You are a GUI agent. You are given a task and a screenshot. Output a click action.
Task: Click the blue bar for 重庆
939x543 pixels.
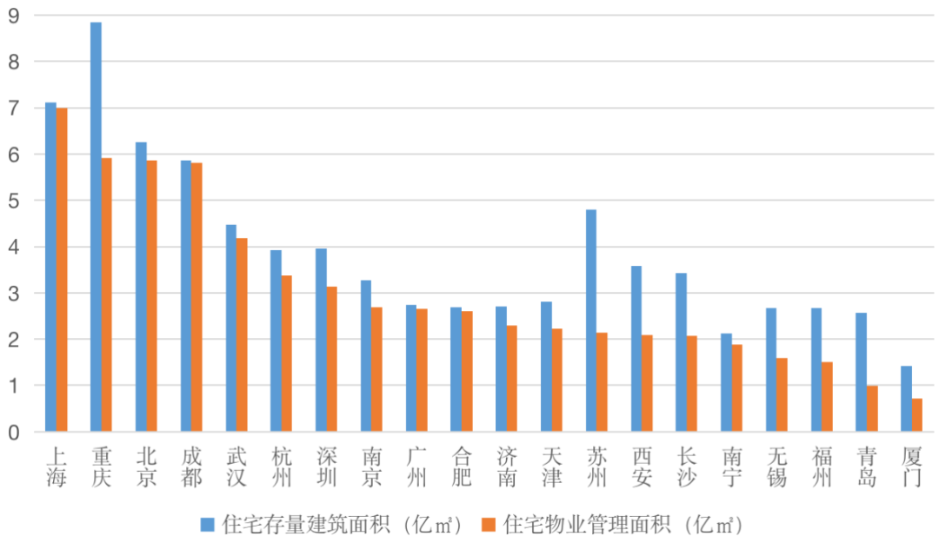96,227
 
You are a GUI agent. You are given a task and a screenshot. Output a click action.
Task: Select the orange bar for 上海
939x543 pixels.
62,269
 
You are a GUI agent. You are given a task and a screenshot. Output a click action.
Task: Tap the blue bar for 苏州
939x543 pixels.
591,321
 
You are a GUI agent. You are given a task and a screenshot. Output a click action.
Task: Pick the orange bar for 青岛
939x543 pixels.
872,408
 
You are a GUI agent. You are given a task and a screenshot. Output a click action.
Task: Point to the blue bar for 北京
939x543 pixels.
141,287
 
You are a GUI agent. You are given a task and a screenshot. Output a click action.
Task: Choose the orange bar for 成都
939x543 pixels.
196,297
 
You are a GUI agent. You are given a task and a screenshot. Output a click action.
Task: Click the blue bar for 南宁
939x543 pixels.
726,382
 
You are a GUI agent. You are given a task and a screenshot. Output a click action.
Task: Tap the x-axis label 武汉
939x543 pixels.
236,467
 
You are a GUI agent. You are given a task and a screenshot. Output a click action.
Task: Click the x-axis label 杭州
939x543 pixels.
281,467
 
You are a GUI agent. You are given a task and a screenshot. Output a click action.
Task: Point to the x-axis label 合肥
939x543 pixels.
462,467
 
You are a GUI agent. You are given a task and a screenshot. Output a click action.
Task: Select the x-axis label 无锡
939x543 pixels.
777,467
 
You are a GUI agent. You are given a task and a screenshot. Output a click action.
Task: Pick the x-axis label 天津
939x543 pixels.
552,467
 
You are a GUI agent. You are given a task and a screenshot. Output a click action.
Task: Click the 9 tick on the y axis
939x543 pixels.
14,16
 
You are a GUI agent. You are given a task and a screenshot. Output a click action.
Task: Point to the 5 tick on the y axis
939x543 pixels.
14,201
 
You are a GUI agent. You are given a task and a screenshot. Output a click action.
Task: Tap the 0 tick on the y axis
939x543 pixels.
14,432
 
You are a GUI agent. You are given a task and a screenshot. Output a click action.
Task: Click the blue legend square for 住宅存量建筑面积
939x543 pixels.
207,524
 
